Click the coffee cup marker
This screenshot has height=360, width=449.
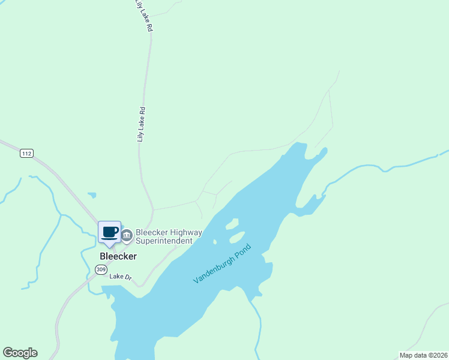click(x=109, y=233)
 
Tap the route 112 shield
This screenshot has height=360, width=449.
click(x=26, y=154)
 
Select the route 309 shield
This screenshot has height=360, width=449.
click(x=100, y=270)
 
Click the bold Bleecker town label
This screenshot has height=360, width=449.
click(x=118, y=256)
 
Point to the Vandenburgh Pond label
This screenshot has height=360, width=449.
click(x=222, y=265)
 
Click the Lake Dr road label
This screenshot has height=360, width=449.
click(x=120, y=277)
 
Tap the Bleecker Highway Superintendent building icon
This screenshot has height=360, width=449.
click(x=127, y=236)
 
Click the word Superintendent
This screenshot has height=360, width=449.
click(x=164, y=241)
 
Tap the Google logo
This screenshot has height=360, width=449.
click(x=20, y=353)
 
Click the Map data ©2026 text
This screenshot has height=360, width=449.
click(x=423, y=355)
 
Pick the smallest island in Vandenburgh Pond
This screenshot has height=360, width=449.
click(x=214, y=242)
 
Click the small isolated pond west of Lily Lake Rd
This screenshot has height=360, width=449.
click(x=92, y=195)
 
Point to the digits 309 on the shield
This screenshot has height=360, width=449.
click(x=100, y=270)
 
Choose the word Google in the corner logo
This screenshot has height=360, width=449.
click(x=20, y=353)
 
